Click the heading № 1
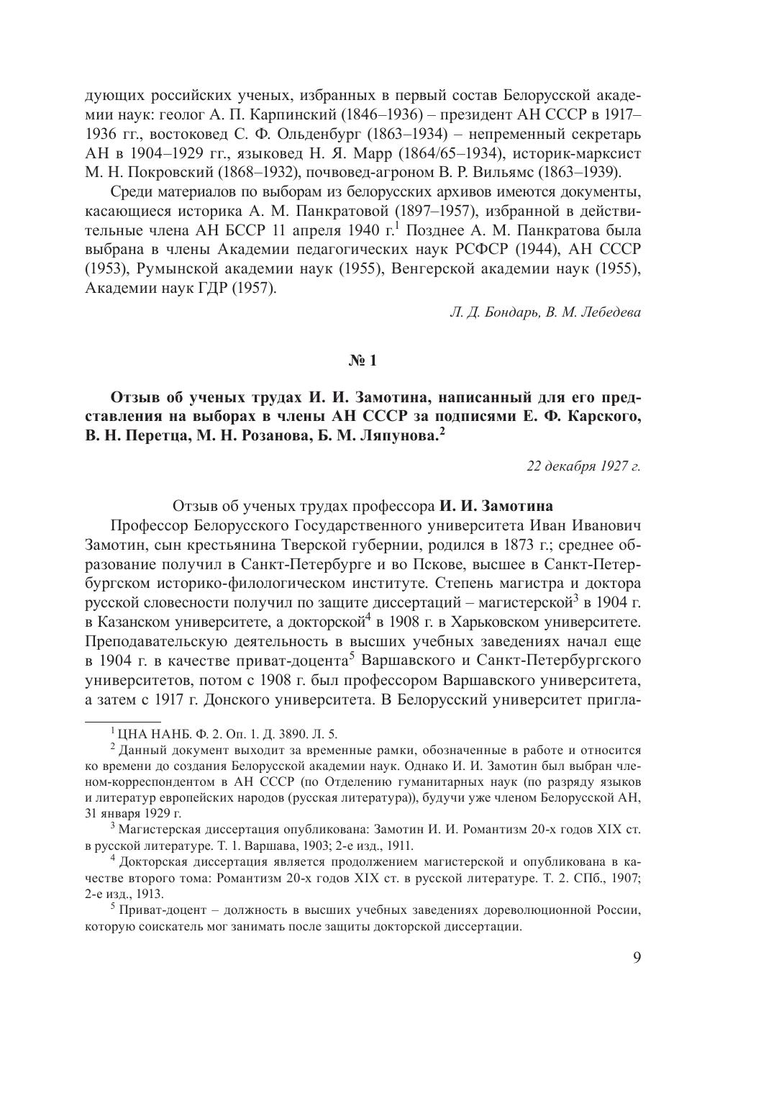(363, 361)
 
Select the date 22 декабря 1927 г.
(583, 466)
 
